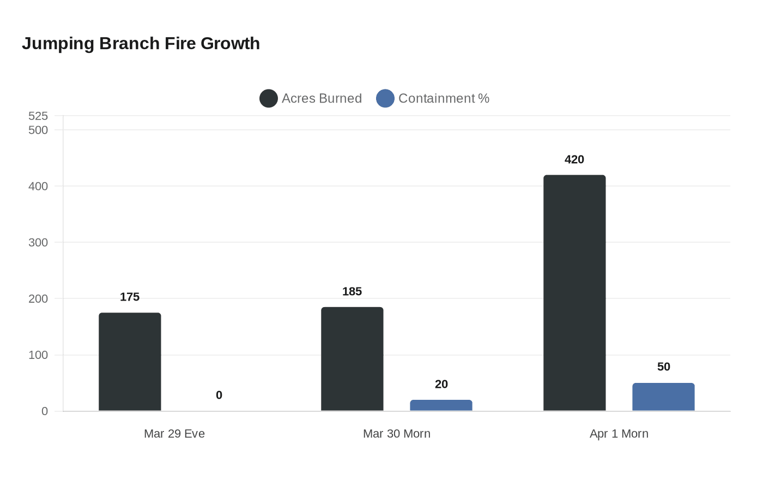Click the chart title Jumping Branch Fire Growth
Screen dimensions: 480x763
[x=141, y=44]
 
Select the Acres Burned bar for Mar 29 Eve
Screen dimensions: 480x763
[x=130, y=362]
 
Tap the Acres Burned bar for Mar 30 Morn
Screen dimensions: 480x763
[x=352, y=359]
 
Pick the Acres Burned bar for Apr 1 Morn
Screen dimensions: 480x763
[x=574, y=293]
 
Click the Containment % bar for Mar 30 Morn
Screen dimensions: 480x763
[x=441, y=405]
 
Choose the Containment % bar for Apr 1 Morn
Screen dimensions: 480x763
[x=663, y=397]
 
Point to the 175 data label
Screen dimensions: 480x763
[x=130, y=297]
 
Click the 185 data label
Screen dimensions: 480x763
[x=352, y=291]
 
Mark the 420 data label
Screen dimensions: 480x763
[x=574, y=159]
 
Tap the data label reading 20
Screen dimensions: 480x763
[x=441, y=384]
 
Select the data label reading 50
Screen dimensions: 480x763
[x=663, y=367]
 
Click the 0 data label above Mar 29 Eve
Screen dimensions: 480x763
[x=219, y=395]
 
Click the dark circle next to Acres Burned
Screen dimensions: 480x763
[x=269, y=99]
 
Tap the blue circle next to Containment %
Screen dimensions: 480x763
[x=385, y=99]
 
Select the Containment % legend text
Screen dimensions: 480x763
[x=444, y=99]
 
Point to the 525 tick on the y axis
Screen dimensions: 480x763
[x=38, y=116]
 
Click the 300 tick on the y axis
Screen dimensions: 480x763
[x=38, y=242]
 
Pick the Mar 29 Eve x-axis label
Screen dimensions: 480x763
[x=174, y=434]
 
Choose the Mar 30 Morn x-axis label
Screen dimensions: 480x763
[x=397, y=434]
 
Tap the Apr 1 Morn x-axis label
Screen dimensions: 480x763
[x=619, y=434]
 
